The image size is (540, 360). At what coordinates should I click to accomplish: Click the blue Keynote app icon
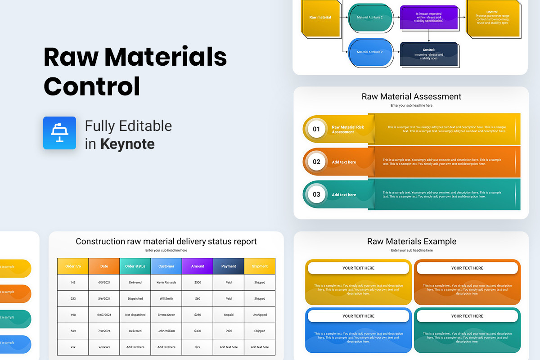[59, 133]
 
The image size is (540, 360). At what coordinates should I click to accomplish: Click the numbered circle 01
[316, 129]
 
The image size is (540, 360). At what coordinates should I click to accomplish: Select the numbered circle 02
[316, 162]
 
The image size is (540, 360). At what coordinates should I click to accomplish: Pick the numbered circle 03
[316, 194]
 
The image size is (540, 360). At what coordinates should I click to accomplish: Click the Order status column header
[135, 266]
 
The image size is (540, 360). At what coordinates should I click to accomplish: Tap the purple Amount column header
[198, 266]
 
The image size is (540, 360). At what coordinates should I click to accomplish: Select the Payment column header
[229, 266]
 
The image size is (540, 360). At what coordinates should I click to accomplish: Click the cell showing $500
[198, 283]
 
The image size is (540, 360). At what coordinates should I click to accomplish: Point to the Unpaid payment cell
[229, 315]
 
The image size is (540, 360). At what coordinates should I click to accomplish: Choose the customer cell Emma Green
[166, 315]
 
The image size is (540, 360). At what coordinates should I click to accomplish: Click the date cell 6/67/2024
[104, 315]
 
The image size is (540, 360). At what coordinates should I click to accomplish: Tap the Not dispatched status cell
[135, 315]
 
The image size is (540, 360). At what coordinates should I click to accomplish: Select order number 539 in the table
[73, 331]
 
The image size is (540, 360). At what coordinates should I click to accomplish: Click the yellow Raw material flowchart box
[320, 18]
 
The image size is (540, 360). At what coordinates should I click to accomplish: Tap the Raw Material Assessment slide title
[411, 96]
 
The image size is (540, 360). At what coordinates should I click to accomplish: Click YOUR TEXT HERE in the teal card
[467, 316]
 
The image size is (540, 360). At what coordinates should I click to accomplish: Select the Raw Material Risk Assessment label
[347, 130]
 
